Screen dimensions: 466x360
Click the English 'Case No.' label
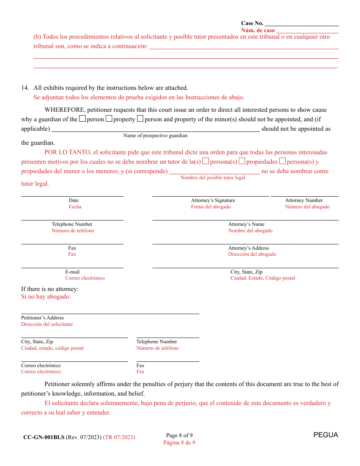tap(252, 23)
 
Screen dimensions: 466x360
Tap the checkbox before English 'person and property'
tap(140, 119)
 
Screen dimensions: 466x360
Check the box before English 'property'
tap(109, 119)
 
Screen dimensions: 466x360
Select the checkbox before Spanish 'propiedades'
tap(242, 161)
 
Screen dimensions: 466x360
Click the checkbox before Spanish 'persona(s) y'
tap(282, 161)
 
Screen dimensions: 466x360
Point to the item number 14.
tap(25, 88)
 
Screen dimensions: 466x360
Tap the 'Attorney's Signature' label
tap(213, 200)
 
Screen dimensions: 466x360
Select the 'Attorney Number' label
tap(304, 200)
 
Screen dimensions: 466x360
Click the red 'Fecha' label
tap(75, 207)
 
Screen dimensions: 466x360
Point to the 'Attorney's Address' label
tap(249, 248)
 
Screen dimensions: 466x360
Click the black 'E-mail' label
tap(72, 272)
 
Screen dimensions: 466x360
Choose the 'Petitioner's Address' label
tap(42, 318)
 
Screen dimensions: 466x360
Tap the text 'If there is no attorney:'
tap(50, 289)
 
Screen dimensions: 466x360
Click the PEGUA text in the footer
tap(326, 435)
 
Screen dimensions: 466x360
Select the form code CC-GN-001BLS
tap(44, 437)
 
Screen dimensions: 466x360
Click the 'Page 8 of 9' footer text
tap(179, 435)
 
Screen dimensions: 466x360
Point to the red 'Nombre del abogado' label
tap(250, 231)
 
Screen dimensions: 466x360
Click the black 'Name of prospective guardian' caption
tap(155, 136)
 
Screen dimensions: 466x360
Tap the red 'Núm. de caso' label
tap(258, 30)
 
